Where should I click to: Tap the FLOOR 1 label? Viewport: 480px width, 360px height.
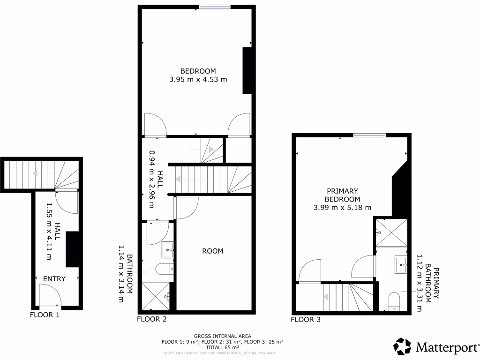[45, 315]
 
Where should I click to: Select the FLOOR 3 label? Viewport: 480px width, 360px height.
[306, 320]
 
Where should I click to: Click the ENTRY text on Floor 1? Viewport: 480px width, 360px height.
[54, 279]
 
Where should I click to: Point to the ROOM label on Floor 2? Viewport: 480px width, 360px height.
[212, 251]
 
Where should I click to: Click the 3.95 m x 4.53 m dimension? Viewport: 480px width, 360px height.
[198, 80]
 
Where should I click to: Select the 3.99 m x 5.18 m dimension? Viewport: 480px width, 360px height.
[342, 208]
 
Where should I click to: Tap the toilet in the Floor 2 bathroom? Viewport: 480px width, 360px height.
[165, 269]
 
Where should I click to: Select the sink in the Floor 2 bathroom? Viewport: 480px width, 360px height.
[168, 250]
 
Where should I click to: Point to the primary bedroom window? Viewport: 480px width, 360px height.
[369, 135]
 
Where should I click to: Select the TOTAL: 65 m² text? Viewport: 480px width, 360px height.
[223, 347]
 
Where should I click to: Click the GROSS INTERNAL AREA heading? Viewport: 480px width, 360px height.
[223, 336]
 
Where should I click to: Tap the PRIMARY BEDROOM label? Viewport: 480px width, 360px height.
[342, 195]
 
